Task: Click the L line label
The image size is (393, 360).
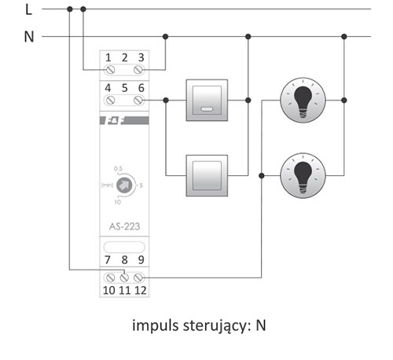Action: pyautogui.click(x=28, y=9)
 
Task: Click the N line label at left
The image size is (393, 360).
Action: pyautogui.click(x=29, y=37)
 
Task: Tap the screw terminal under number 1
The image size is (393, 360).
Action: pyautogui.click(x=110, y=70)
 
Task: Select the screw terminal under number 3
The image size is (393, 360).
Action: pyautogui.click(x=138, y=70)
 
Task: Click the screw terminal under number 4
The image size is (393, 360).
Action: pyautogui.click(x=109, y=100)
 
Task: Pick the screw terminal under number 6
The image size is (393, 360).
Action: pyautogui.click(x=138, y=100)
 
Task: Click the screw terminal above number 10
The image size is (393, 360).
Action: pyautogui.click(x=110, y=277)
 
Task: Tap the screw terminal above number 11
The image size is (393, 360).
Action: pyautogui.click(x=124, y=277)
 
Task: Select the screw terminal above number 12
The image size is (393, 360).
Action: pyautogui.click(x=138, y=277)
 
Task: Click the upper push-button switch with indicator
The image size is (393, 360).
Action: pyautogui.click(x=207, y=100)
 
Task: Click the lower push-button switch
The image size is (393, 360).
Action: pyautogui.click(x=207, y=175)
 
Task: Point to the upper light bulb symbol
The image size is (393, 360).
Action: pyautogui.click(x=303, y=100)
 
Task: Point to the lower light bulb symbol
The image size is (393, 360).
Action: pyautogui.click(x=303, y=175)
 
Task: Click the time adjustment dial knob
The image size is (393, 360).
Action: pyautogui.click(x=124, y=186)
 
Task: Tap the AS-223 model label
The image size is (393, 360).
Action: pyautogui.click(x=124, y=226)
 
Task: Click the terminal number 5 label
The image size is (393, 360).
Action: pyautogui.click(x=125, y=88)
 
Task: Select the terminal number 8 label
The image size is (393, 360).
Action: pyautogui.click(x=124, y=260)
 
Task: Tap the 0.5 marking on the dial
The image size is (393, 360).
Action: pyautogui.click(x=118, y=168)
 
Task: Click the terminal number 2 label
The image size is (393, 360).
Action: pyautogui.click(x=125, y=57)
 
